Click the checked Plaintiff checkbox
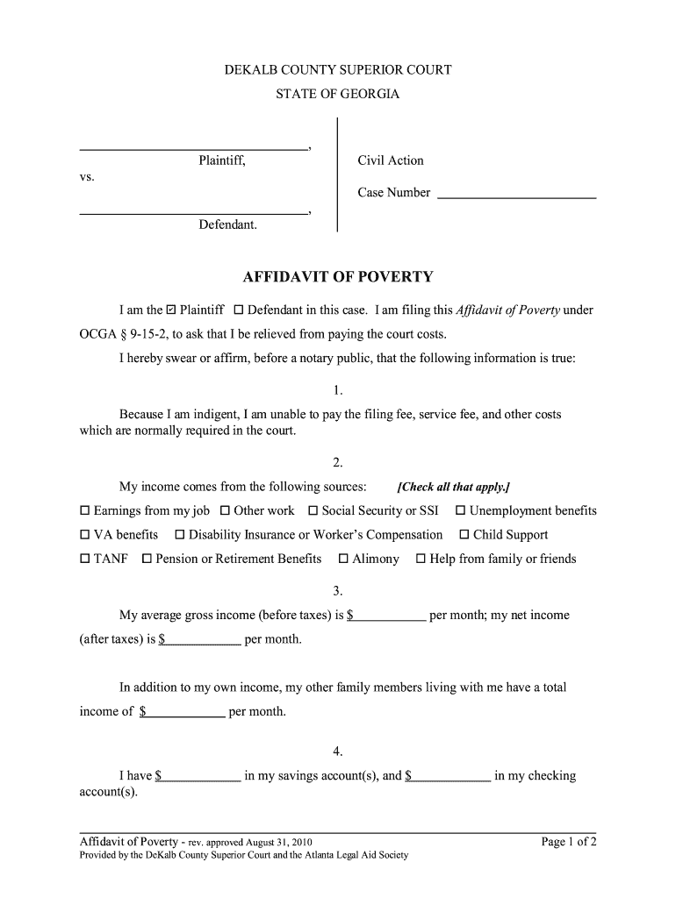tap(171, 310)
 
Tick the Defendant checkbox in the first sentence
tap(239, 310)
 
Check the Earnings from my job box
tap(85, 511)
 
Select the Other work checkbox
tap(225, 511)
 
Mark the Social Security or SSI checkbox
tap(313, 511)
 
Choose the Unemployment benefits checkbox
tap(460, 511)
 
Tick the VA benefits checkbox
tap(85, 535)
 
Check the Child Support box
tap(464, 535)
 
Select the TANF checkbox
tap(85, 559)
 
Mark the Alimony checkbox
tap(344, 559)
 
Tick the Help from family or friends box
tap(421, 559)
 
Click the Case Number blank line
tap(516, 194)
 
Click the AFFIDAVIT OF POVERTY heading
tap(338, 278)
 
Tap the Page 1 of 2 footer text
tap(569, 843)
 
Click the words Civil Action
tap(390, 160)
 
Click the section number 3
tap(337, 591)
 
